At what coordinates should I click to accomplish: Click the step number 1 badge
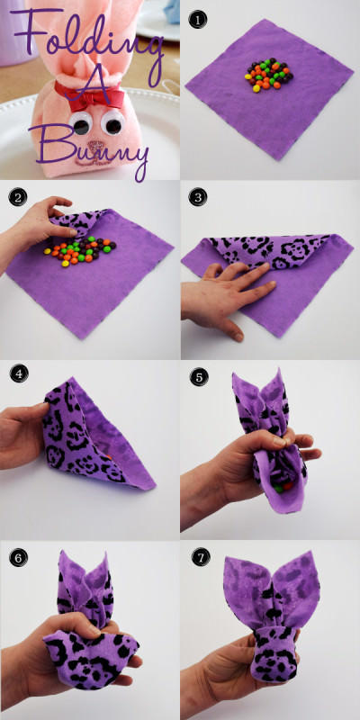click(x=198, y=19)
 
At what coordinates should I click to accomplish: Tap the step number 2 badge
click(x=17, y=197)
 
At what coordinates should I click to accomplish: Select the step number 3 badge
click(x=198, y=197)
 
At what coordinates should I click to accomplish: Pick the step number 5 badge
click(x=199, y=377)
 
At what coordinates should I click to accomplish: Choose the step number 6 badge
click(x=18, y=557)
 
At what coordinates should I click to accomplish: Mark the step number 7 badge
click(x=201, y=557)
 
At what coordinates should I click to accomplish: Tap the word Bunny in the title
click(x=89, y=147)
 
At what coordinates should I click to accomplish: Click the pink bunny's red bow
click(x=89, y=96)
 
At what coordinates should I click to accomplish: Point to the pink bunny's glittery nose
click(x=95, y=148)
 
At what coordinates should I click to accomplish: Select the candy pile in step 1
click(x=269, y=75)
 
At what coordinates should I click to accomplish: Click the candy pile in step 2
click(x=80, y=251)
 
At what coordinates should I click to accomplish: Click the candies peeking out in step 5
click(x=283, y=487)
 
